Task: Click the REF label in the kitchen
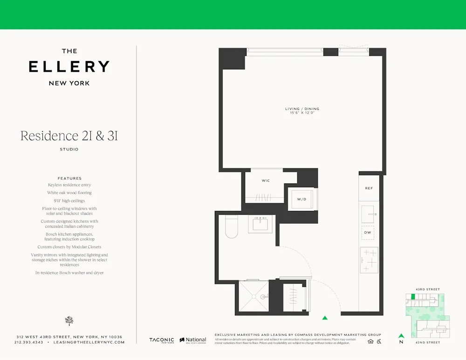coord(369,188)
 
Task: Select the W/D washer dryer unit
coord(302,199)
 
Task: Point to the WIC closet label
coord(266,181)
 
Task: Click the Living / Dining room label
coord(302,109)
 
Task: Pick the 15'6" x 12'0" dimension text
coord(302,113)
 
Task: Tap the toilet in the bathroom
coord(231,226)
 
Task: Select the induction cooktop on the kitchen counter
coord(369,260)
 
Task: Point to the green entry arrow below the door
coord(325,318)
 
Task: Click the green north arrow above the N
coord(401,335)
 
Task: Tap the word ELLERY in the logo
coord(69,67)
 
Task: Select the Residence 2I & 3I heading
coord(69,136)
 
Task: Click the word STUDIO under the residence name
coord(69,149)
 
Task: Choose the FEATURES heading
coord(69,178)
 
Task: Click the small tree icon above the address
coord(69,320)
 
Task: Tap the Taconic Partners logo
coord(161,340)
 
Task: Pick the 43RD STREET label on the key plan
coord(427,290)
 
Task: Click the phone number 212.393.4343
coord(29,342)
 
